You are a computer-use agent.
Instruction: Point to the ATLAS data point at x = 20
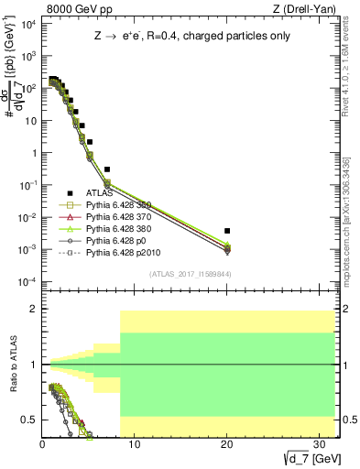click(227, 231)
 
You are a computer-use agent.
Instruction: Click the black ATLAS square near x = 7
click(107, 169)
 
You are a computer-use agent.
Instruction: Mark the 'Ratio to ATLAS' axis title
click(13, 365)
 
